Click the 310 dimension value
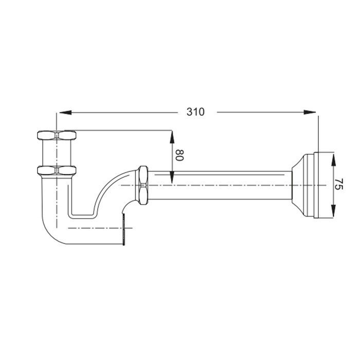pyautogui.click(x=195, y=112)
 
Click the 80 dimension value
pyautogui.click(x=180, y=155)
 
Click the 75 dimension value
pyautogui.click(x=338, y=184)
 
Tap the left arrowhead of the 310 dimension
pyautogui.click(x=65, y=113)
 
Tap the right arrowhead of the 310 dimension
pyautogui.click(x=310, y=112)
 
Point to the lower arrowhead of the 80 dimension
pyautogui.click(x=172, y=178)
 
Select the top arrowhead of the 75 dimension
pyautogui.click(x=333, y=159)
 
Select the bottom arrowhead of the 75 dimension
pyautogui.click(x=333, y=210)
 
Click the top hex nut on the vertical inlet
pyautogui.click(x=57, y=135)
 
